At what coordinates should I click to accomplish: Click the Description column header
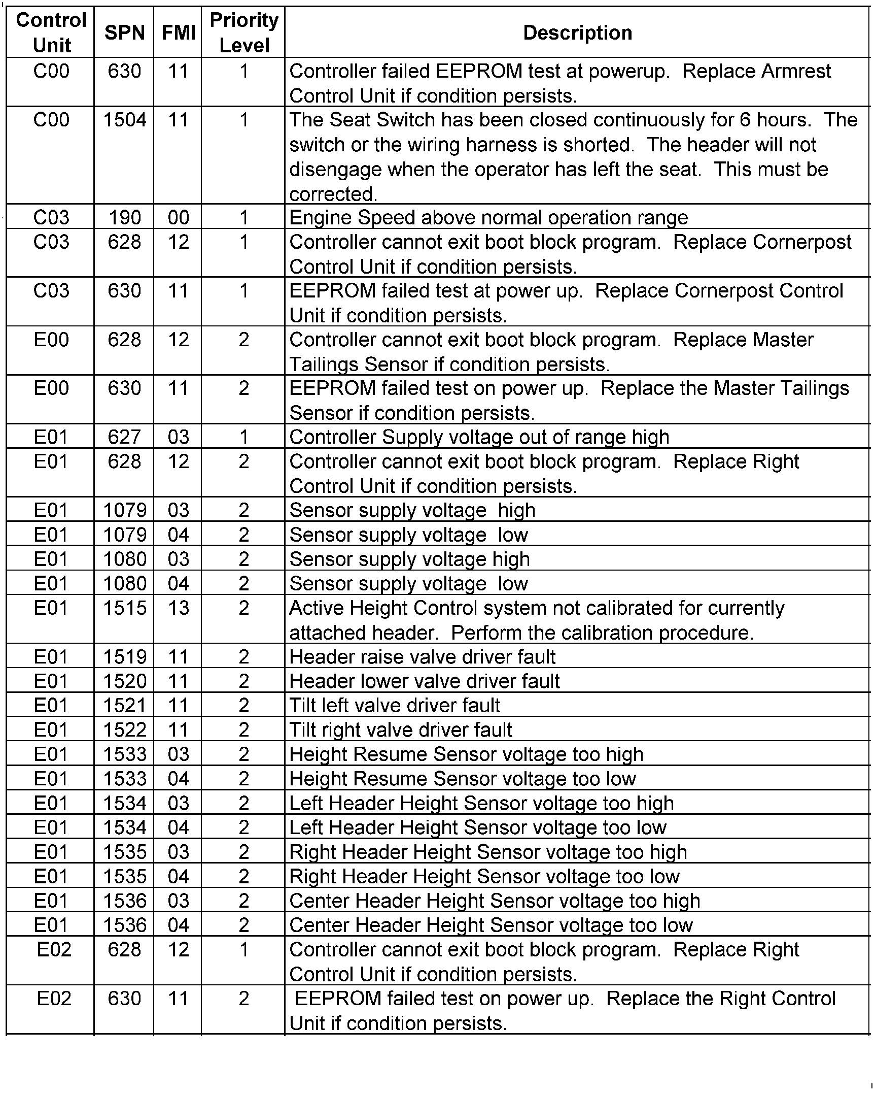[x=577, y=33]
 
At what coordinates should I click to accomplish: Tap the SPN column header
[x=124, y=33]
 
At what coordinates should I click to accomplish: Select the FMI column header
[x=178, y=33]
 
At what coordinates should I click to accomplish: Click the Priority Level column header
[x=243, y=33]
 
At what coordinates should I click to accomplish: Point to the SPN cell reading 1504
[x=124, y=120]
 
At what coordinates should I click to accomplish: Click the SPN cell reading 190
[x=124, y=218]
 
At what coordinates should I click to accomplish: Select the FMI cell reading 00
[x=178, y=218]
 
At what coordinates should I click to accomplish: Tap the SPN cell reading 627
[x=124, y=437]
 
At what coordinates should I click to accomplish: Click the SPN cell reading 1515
[x=124, y=608]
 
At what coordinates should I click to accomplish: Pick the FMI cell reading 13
[x=178, y=608]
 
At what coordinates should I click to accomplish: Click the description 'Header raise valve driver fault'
[x=422, y=657]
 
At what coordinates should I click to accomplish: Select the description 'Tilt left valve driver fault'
[x=395, y=706]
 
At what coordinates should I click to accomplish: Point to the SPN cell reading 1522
[x=124, y=730]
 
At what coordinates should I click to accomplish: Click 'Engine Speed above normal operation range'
[x=488, y=218]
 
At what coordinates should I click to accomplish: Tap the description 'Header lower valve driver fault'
[x=424, y=681]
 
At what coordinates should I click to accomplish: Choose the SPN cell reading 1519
[x=124, y=657]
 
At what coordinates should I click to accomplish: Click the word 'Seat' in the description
[x=347, y=120]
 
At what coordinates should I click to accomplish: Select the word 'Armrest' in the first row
[x=756, y=71]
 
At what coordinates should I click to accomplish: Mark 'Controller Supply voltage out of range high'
[x=479, y=437]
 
